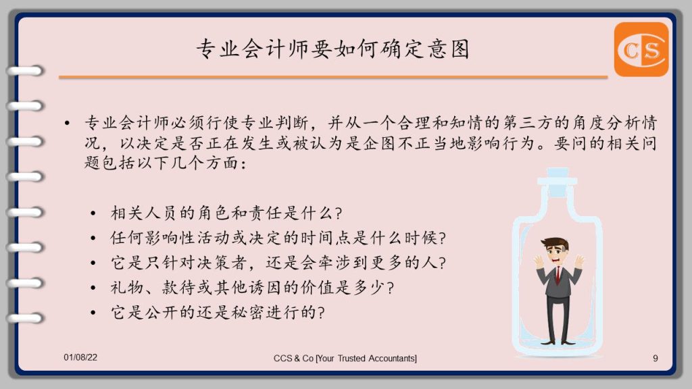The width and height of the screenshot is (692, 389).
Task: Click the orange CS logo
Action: tap(641, 49)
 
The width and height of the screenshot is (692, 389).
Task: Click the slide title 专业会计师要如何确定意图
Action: tap(332, 49)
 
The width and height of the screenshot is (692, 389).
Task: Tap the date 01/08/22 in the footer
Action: tap(80, 357)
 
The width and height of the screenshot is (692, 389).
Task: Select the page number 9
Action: tap(656, 358)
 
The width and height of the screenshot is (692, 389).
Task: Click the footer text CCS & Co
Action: tap(293, 358)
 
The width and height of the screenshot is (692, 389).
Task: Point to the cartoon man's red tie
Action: tap(558, 274)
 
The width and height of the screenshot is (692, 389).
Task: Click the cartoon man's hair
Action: tap(555, 244)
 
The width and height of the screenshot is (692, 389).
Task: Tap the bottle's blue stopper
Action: tap(558, 181)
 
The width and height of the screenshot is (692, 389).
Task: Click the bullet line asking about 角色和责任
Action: tap(226, 213)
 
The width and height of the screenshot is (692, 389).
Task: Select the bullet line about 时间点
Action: tap(278, 238)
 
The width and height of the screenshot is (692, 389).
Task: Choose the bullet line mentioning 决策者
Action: tap(278, 263)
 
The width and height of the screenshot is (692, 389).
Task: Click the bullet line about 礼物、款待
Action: tap(252, 288)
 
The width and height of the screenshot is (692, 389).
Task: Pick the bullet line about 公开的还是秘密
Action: tap(218, 312)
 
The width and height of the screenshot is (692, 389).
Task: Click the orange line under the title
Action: tap(333, 77)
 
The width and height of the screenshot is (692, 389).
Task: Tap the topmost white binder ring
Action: tap(25, 70)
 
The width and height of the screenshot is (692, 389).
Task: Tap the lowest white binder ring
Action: tap(25, 318)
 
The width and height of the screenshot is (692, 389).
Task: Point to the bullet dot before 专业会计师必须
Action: tap(67, 123)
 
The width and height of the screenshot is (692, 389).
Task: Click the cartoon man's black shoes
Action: tap(558, 342)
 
